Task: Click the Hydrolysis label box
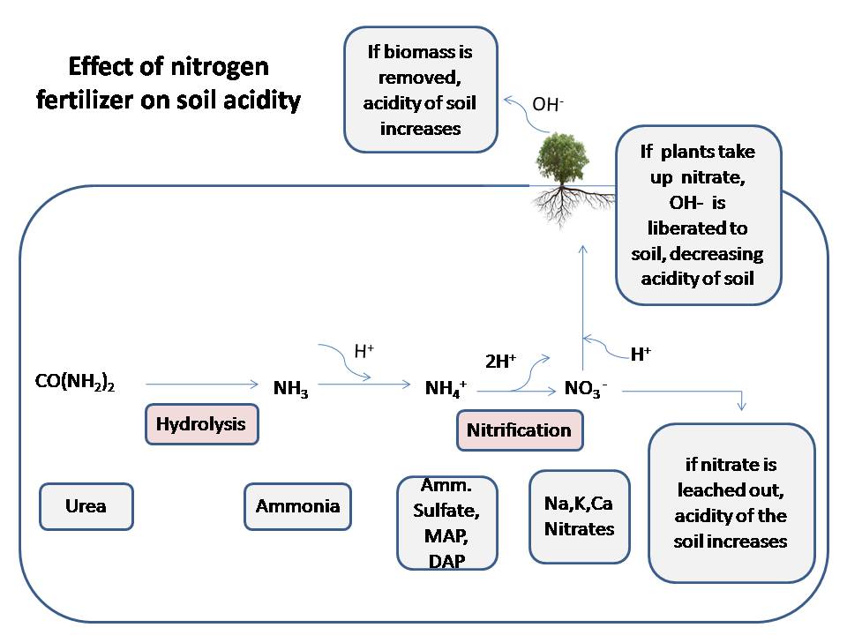pos(201,424)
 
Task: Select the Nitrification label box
pos(519,430)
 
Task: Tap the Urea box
pos(86,506)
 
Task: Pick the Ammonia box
pos(297,506)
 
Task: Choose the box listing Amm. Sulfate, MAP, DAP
pos(446,523)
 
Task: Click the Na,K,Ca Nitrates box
pos(579,517)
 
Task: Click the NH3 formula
pos(290,387)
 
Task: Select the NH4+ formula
pos(446,387)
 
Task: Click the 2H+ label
pos(500,361)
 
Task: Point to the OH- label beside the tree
pos(548,104)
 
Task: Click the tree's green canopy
pos(562,156)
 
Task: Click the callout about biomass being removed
pos(421,90)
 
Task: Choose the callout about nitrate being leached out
pos(731,502)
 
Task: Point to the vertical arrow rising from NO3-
pos(582,300)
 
